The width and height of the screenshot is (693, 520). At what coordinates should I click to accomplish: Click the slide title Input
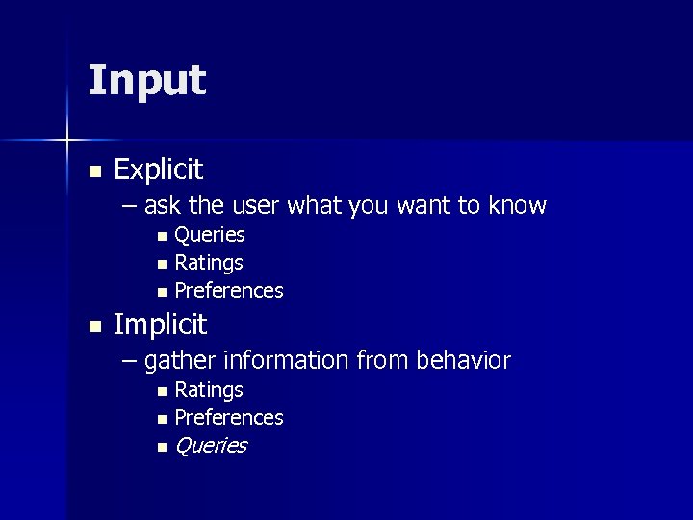(146, 81)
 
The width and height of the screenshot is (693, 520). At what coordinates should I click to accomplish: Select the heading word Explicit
(158, 170)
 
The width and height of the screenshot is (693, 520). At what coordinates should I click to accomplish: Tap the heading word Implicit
(160, 325)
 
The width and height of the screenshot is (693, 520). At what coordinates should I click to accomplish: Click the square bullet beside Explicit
(93, 172)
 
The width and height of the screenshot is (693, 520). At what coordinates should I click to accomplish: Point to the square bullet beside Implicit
(93, 327)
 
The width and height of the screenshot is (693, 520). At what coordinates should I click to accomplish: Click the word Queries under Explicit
(209, 235)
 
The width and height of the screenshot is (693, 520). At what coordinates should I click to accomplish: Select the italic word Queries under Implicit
(210, 446)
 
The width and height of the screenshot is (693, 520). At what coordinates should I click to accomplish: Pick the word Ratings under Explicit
(208, 262)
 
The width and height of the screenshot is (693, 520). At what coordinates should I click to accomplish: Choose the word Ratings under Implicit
(208, 390)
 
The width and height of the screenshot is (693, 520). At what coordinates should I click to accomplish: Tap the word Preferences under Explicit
(228, 290)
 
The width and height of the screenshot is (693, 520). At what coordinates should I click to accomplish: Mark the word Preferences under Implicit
(228, 418)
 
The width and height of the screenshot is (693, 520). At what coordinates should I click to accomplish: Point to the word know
(517, 206)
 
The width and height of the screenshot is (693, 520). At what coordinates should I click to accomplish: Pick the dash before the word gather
(130, 362)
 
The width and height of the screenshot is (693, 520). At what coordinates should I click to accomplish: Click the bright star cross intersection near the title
(67, 141)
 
